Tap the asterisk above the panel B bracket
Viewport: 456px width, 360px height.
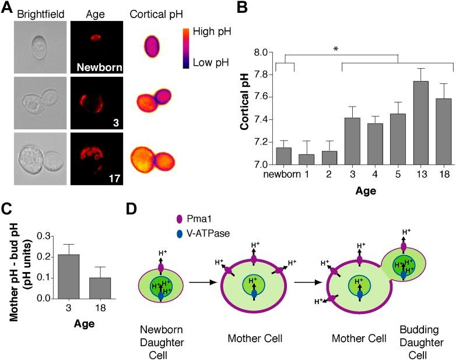click(335, 50)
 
